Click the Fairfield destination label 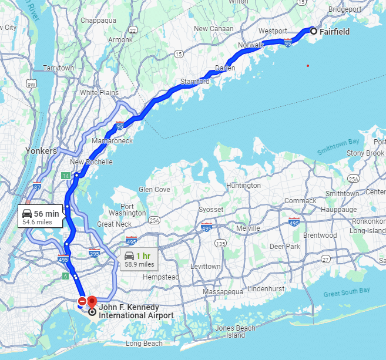pos(334,32)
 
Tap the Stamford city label pos(194,82)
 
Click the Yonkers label pos(41,151)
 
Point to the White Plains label pos(99,93)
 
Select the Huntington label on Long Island pos(243,186)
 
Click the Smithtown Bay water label pos(338,147)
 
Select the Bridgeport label pos(344,9)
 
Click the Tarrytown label pos(58,68)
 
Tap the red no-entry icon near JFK pos(82,301)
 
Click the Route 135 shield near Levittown pos(221,243)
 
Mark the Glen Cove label pos(153,190)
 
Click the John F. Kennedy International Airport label pos(136,311)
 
